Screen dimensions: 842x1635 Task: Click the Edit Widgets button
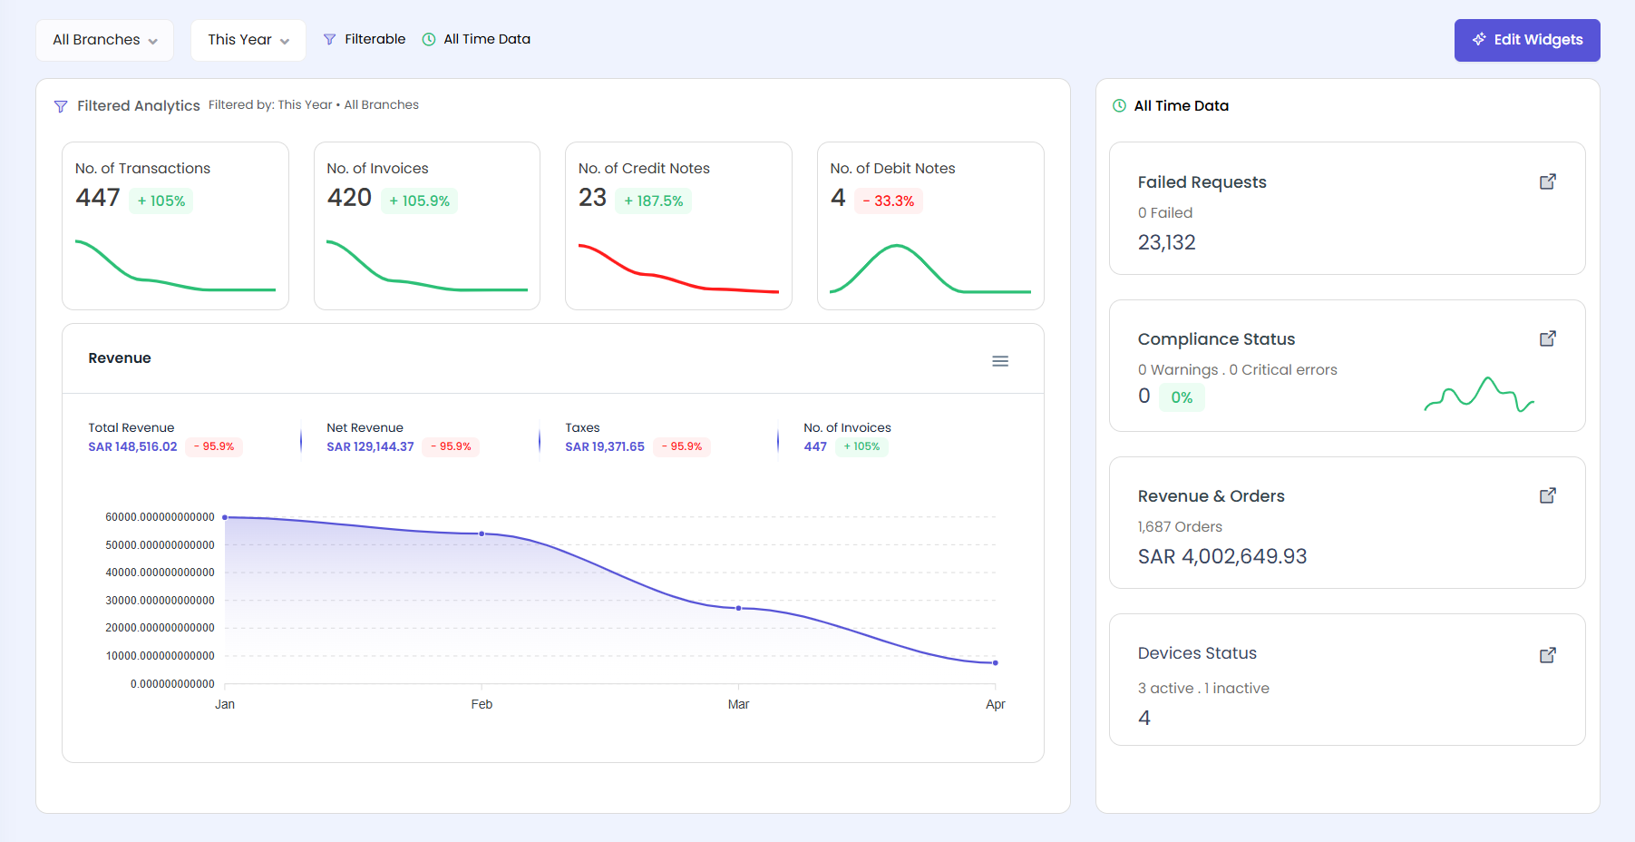click(1527, 40)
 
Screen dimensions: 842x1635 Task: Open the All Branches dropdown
click(104, 40)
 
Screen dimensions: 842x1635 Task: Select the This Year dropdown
click(248, 40)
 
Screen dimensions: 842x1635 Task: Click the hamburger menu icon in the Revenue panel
click(1000, 361)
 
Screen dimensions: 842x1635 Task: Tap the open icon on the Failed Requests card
click(1548, 181)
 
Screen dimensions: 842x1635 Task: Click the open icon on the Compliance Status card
click(1548, 338)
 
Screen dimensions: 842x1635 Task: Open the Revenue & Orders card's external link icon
click(1548, 495)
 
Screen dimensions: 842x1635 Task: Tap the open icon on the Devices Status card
click(1548, 655)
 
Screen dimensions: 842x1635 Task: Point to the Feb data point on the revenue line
click(482, 534)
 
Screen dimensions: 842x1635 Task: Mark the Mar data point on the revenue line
click(738, 608)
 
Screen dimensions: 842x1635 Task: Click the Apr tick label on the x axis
click(995, 704)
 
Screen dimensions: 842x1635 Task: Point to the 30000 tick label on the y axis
click(160, 601)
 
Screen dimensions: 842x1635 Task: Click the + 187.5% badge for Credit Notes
click(653, 201)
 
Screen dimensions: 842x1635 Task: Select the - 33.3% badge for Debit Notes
click(888, 201)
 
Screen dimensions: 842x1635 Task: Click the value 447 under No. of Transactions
click(98, 198)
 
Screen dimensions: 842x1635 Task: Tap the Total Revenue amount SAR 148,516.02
click(132, 446)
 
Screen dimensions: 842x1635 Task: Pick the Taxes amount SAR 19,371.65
click(605, 446)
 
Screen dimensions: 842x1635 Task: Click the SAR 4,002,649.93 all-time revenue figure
click(1221, 556)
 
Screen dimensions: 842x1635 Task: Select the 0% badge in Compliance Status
click(1182, 397)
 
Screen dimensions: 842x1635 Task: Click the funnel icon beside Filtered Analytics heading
click(61, 106)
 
